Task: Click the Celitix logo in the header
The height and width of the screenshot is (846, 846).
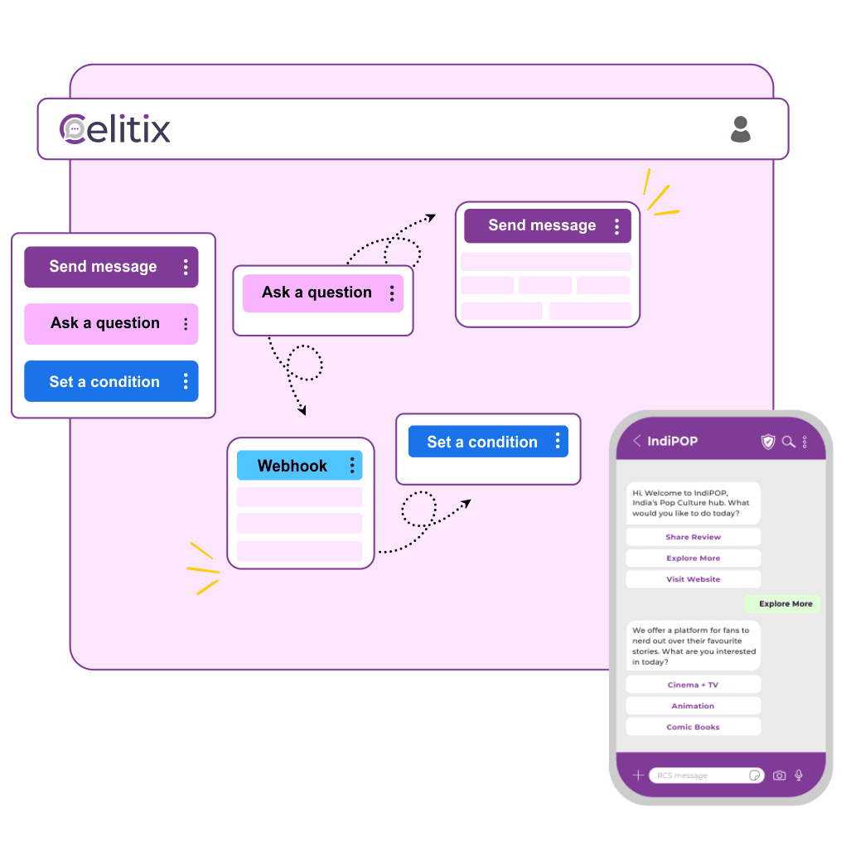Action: (x=115, y=129)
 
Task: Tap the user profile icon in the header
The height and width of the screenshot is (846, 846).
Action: (x=740, y=129)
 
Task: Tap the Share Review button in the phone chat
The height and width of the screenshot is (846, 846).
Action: (x=693, y=537)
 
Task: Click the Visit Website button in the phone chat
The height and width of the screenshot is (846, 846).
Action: (x=693, y=579)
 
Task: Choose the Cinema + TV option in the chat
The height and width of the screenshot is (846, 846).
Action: (x=693, y=685)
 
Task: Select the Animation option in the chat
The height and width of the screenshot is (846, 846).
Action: (x=693, y=706)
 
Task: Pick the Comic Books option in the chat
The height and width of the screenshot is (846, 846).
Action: (x=693, y=728)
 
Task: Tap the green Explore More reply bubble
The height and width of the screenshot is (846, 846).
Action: (x=785, y=604)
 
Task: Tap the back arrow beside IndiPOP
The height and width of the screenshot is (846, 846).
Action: (x=636, y=441)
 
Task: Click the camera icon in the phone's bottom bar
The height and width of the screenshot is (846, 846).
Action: (x=779, y=776)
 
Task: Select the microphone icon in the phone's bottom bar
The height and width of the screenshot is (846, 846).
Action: (x=799, y=776)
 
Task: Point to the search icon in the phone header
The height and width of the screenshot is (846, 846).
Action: (x=788, y=442)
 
